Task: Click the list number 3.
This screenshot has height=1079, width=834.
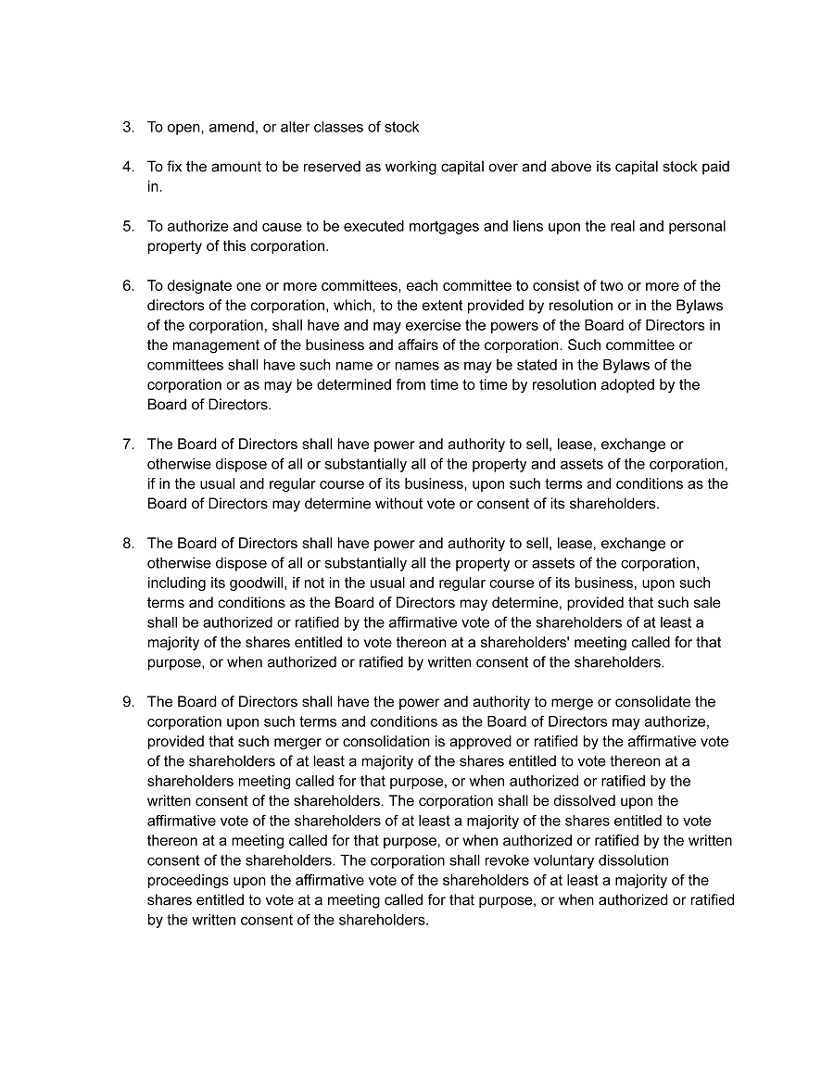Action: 127,127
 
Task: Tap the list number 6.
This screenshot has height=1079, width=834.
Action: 127,285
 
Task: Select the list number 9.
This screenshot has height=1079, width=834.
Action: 127,702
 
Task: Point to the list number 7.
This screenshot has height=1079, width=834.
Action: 127,445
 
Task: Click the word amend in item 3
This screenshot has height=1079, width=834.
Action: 230,127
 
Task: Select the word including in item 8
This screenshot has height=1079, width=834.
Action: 176,583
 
